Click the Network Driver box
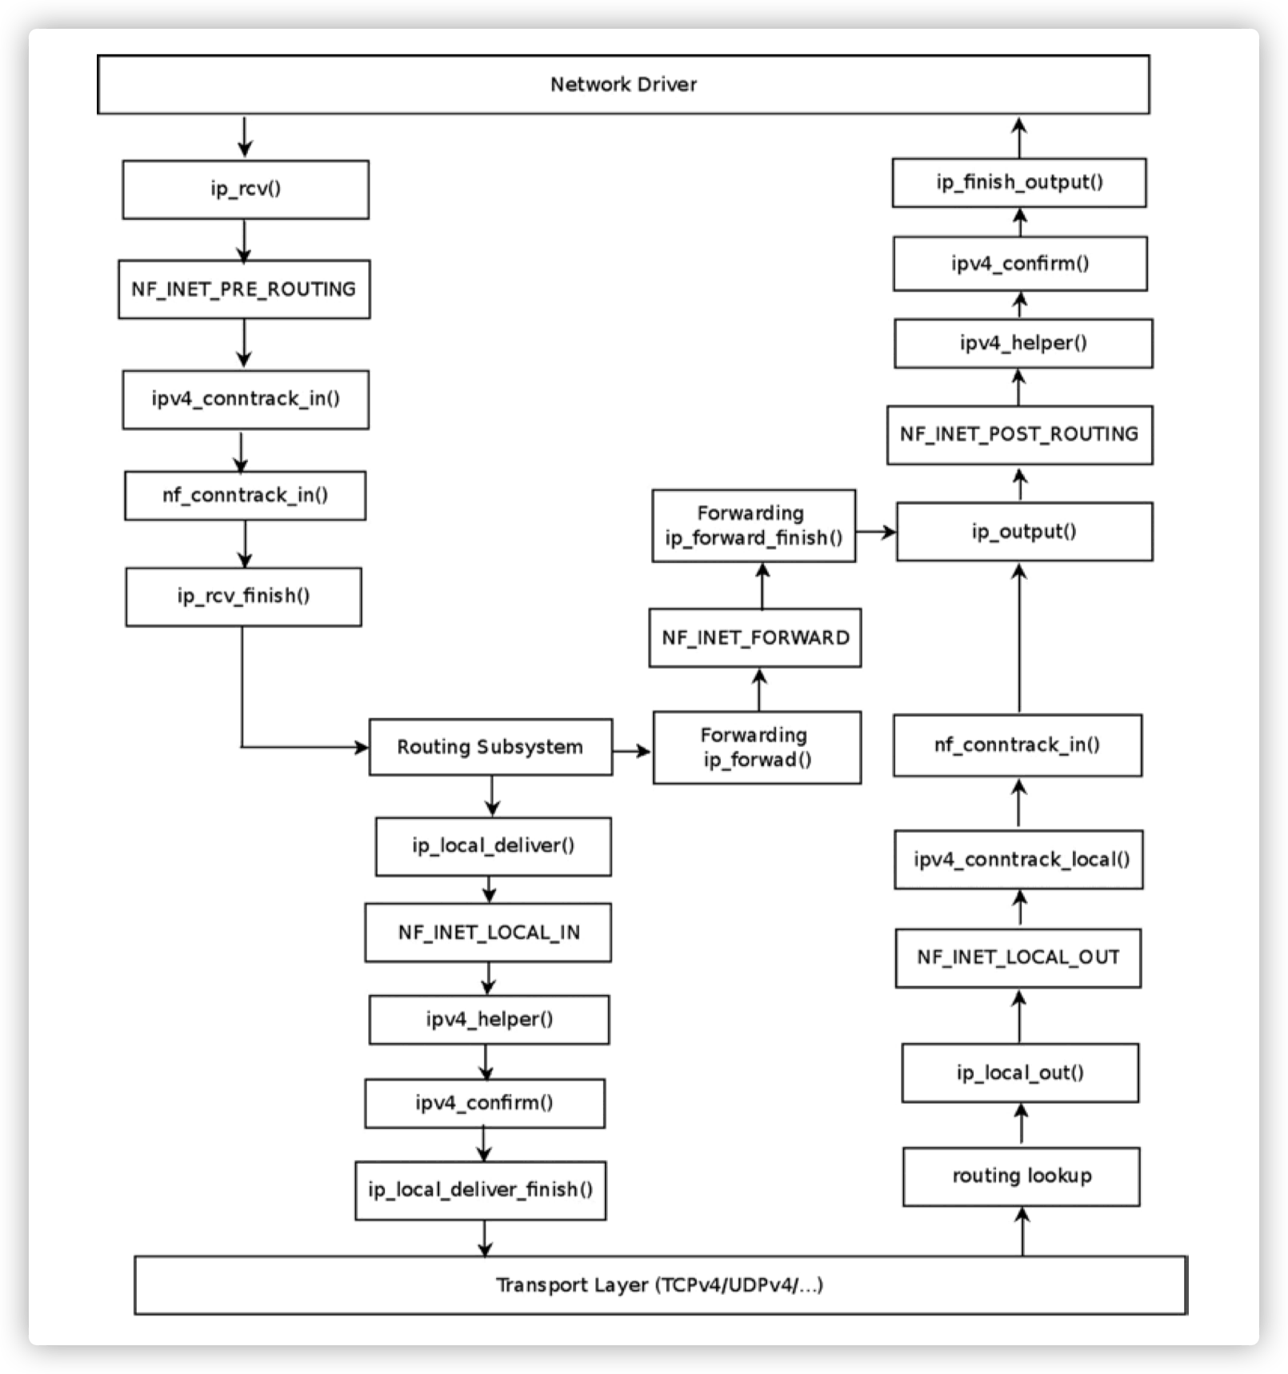[623, 85]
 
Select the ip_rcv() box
[246, 190]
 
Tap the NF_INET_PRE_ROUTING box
[244, 290]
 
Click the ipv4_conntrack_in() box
[246, 399]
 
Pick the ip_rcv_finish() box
[243, 597]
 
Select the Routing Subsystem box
[490, 747]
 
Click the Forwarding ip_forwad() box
[757, 747]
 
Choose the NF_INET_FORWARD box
[755, 638]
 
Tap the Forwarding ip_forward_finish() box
[754, 525]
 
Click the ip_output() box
[1024, 532]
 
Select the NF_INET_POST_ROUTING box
[1019, 434]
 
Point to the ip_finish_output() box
[1019, 183]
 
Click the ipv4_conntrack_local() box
[1018, 860]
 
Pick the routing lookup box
[1021, 1176]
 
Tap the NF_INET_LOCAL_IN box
[488, 933]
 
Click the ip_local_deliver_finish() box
[480, 1190]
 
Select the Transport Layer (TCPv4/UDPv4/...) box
[660, 1285]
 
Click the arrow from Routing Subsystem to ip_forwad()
[633, 751]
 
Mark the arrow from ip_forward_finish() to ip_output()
[875, 532]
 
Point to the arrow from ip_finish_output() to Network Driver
[1019, 137]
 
